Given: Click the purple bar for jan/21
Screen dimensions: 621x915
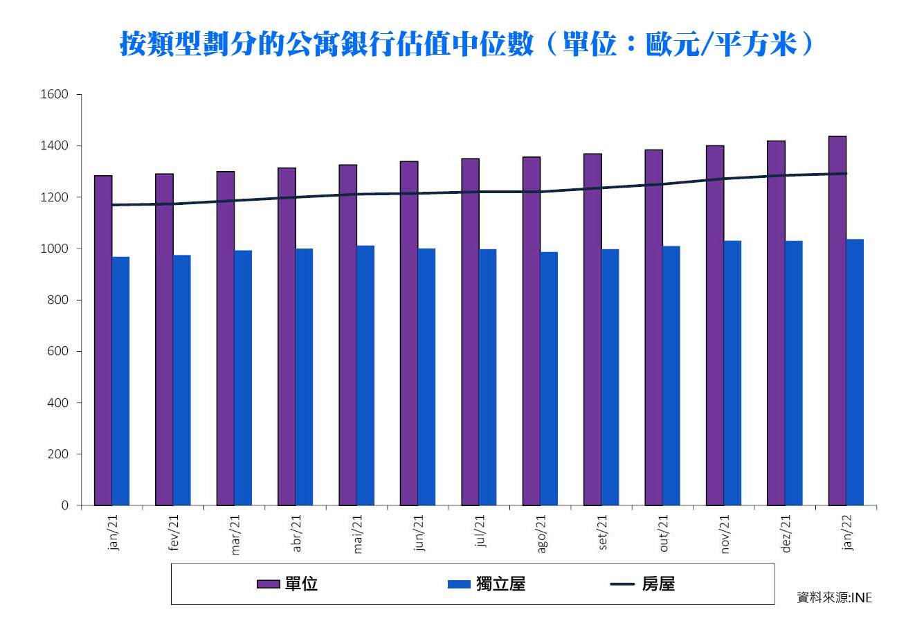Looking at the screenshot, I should tap(103, 341).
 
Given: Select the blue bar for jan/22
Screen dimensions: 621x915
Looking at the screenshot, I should tap(855, 372).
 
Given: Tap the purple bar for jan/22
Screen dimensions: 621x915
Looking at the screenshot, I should tap(837, 321).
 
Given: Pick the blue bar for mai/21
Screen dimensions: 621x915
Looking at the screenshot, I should tap(365, 375).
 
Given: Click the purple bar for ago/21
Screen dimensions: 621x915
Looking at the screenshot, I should tap(531, 331).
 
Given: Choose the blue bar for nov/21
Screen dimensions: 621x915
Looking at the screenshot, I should tap(732, 373).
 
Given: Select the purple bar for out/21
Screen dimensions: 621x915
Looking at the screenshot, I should tap(653, 327).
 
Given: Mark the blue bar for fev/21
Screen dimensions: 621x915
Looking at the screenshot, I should tap(182, 380).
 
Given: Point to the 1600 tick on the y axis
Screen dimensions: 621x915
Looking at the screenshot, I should tap(55, 94).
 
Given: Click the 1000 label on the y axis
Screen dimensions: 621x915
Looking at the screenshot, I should tap(55, 249).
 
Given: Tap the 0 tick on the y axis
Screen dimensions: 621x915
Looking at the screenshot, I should tap(64, 505).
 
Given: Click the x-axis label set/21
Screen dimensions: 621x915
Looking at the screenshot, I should tap(602, 532).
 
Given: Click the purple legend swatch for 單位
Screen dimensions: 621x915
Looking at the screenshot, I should tap(268, 584).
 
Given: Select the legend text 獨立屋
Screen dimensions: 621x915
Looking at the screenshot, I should tap(500, 584).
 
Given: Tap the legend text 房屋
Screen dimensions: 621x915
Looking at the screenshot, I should tap(658, 584).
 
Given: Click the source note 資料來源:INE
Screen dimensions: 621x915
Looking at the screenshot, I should tap(834, 597).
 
